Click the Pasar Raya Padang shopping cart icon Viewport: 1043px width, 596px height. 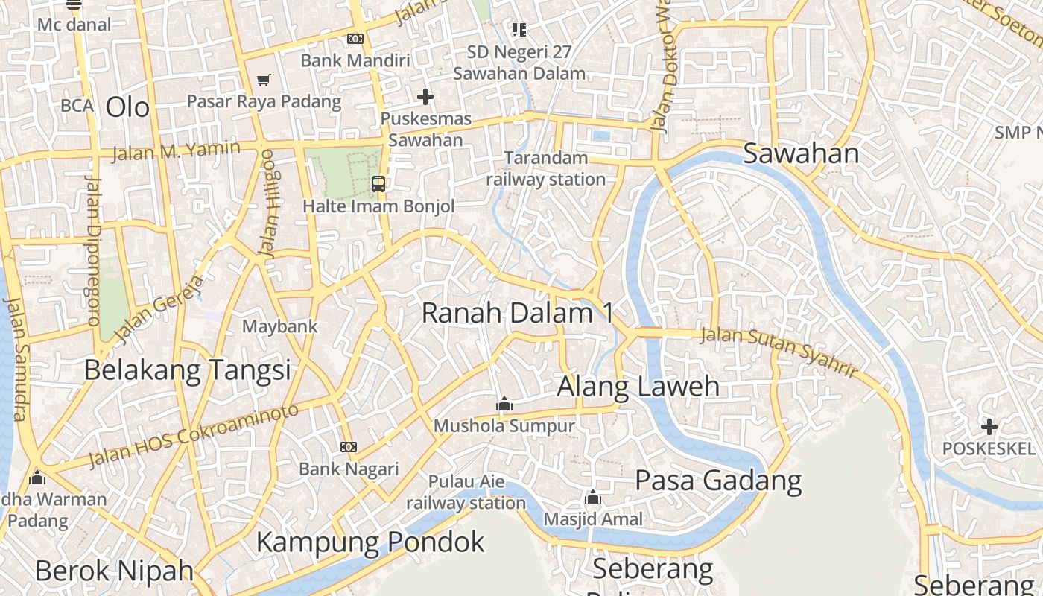[x=263, y=80]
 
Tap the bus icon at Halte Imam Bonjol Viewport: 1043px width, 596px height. [x=378, y=183]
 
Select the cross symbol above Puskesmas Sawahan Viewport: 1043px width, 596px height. [x=425, y=97]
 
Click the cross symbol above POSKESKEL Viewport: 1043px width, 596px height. [x=989, y=427]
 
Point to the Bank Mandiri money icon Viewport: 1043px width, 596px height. [x=355, y=39]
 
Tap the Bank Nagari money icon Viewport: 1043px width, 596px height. [x=348, y=447]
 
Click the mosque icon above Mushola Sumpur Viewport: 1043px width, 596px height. [x=504, y=404]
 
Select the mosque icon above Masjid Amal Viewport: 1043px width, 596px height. [x=593, y=497]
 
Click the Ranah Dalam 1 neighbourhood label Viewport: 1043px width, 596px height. [x=518, y=313]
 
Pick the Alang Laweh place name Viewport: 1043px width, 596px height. [x=638, y=387]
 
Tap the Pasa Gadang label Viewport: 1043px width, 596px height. [x=718, y=481]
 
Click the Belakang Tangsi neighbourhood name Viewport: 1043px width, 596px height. [x=187, y=370]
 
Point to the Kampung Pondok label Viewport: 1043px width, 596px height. [x=370, y=542]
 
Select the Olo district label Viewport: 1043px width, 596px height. [x=127, y=107]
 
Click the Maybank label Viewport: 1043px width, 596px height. [x=280, y=326]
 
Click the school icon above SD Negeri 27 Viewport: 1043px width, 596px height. [x=519, y=30]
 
